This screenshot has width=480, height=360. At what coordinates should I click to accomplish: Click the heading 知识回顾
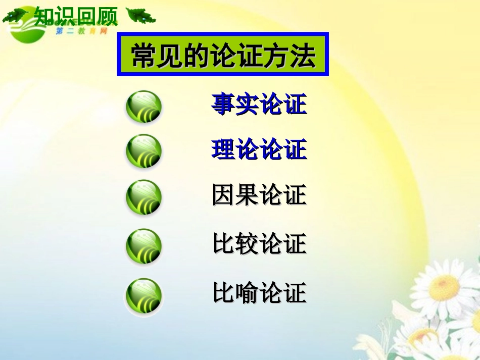76,17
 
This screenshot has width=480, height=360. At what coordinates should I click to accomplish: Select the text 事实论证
259,105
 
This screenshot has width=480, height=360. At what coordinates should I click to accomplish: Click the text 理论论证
259,149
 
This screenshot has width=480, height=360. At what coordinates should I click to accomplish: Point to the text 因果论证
259,195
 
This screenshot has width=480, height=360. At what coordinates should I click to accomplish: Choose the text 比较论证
259,244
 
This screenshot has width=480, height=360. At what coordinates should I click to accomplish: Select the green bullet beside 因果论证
143,197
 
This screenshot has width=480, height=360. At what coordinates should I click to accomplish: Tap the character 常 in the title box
142,55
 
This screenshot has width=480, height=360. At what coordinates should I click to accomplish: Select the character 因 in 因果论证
223,195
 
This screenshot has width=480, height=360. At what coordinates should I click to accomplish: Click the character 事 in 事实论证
223,105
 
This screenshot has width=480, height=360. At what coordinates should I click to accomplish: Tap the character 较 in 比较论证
247,244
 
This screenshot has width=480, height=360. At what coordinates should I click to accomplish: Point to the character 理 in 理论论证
223,149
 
